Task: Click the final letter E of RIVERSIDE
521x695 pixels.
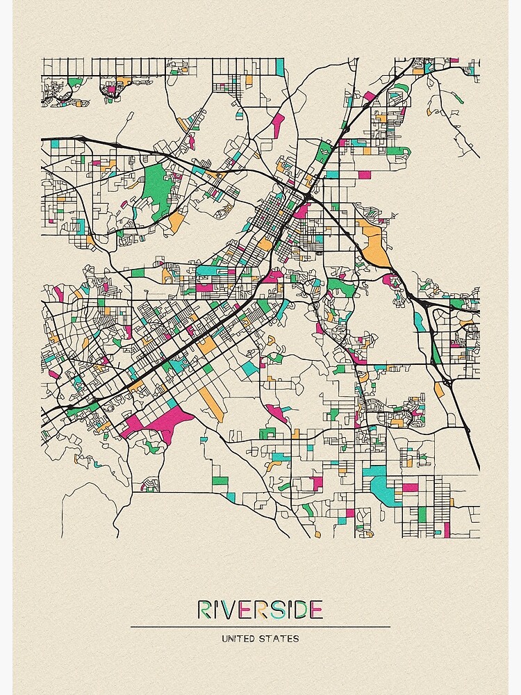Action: coord(316,610)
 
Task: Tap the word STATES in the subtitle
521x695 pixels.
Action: coord(282,638)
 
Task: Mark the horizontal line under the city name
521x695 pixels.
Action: coord(260,626)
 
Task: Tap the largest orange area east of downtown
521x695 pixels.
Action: coord(374,243)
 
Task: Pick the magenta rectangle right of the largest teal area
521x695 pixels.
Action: coord(411,486)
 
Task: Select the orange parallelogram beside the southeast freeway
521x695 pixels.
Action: coord(439,390)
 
